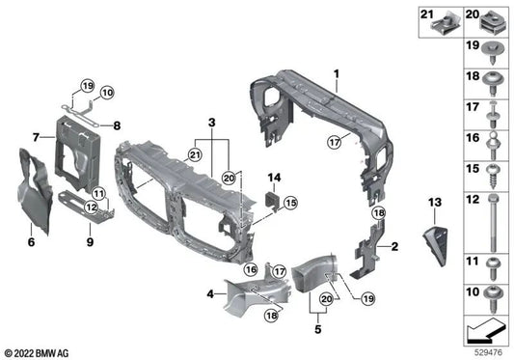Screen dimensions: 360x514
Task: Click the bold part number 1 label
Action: coord(337,73)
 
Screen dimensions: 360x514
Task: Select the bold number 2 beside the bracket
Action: coord(393,246)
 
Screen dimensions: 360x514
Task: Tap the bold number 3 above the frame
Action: coord(211,124)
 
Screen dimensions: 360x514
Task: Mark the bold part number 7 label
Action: coord(36,138)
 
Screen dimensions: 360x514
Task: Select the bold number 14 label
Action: coord(273,178)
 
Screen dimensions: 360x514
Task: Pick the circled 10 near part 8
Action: coord(107,93)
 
